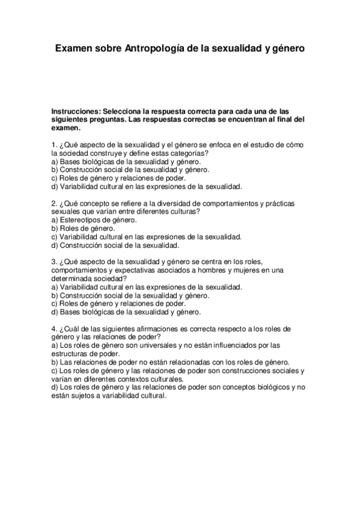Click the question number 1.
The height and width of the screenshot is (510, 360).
pos(54,146)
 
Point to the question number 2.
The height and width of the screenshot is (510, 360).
pos(54,203)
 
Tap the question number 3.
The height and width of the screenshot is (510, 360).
pos(54,262)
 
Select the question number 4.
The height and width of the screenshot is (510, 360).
pos(54,329)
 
